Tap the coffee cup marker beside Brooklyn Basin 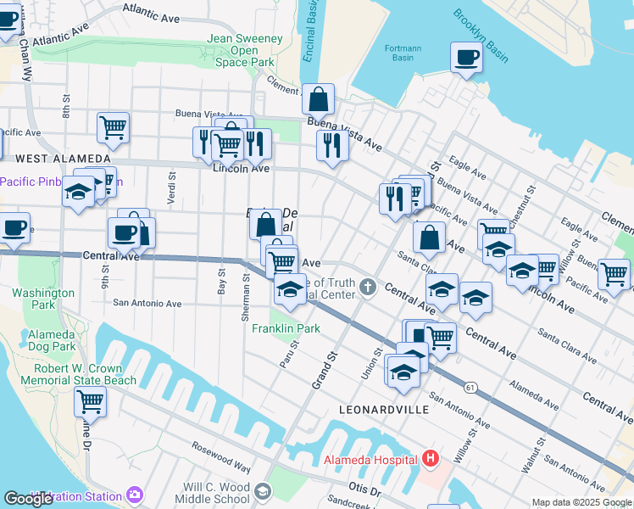click(466, 59)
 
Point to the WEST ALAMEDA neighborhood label click(63, 159)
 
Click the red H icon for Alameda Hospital click(431, 460)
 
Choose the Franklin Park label click(286, 328)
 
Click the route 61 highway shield click(470, 387)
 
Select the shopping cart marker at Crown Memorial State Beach click(91, 401)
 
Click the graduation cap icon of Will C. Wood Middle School click(263, 491)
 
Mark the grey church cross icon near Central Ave click(368, 286)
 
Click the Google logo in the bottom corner click(29, 499)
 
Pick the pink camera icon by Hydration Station click(135, 494)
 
